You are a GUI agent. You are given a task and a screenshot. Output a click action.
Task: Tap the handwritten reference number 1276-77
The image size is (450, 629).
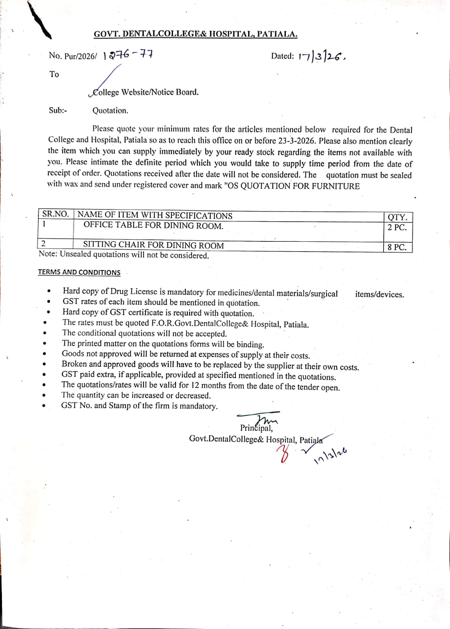click(128, 55)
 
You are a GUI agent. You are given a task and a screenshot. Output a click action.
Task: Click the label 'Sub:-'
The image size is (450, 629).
click(58, 110)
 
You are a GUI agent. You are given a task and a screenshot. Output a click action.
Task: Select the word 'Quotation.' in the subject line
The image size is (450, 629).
click(110, 111)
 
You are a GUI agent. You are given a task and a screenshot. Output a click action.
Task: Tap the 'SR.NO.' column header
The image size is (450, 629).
click(55, 214)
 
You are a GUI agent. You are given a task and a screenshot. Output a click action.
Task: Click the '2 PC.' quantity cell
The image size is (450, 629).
click(397, 227)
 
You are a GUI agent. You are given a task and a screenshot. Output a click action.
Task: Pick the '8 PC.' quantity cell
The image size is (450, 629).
click(397, 247)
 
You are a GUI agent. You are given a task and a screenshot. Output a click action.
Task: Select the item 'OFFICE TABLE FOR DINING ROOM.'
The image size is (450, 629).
click(153, 226)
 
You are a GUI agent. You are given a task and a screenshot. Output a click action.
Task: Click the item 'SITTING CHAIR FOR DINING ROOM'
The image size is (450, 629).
click(153, 245)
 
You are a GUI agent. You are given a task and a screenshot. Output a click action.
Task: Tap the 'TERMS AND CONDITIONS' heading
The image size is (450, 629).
click(79, 272)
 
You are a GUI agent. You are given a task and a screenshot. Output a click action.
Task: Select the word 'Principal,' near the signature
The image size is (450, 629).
click(256, 428)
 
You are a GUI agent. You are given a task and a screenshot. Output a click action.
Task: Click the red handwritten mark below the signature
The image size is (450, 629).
click(283, 455)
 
